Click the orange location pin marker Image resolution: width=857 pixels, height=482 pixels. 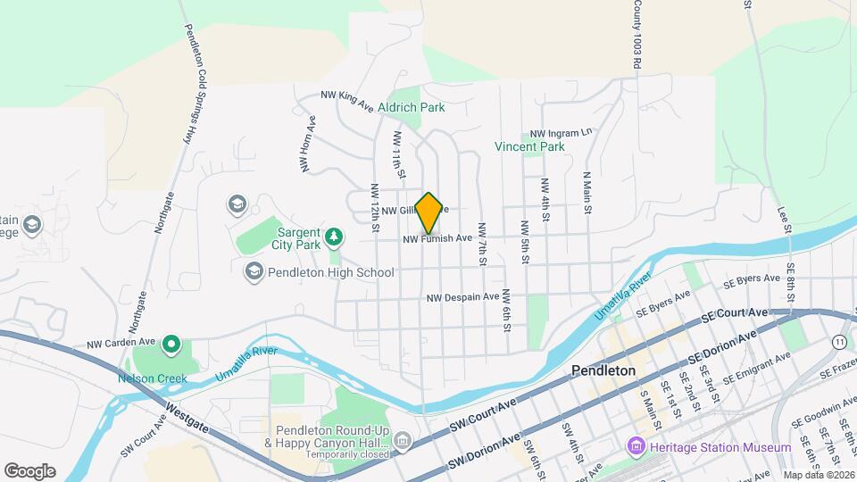click(x=429, y=212)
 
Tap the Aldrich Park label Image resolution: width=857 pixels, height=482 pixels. click(x=411, y=107)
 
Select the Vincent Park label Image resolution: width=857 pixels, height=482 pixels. click(x=530, y=145)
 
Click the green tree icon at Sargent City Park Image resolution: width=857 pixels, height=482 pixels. click(x=334, y=236)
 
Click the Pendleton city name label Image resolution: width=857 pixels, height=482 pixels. click(x=603, y=370)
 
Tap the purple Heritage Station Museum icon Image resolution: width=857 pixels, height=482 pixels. click(x=637, y=445)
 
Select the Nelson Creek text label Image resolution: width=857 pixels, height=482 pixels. click(x=153, y=378)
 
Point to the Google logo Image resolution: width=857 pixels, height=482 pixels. click(x=29, y=471)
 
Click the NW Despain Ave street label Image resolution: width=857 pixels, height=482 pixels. click(x=462, y=297)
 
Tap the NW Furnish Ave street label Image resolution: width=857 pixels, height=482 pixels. click(x=437, y=238)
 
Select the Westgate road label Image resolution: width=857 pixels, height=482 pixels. click(x=186, y=419)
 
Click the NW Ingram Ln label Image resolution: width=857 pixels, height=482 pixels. click(x=561, y=131)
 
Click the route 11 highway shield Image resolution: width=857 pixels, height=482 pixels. click(x=839, y=342)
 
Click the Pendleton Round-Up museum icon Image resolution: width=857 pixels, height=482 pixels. click(x=403, y=440)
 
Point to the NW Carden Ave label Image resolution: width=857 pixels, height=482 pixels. click(x=121, y=342)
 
